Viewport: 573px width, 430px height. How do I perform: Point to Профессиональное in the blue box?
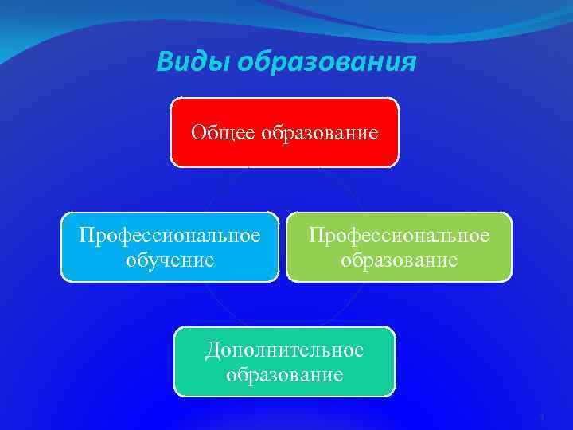click(170, 236)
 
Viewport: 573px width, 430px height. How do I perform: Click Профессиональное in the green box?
click(399, 236)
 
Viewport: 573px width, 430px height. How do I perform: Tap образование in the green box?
click(399, 260)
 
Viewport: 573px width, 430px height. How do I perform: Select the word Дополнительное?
click(284, 350)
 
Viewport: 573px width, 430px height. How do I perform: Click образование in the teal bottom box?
click(284, 374)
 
